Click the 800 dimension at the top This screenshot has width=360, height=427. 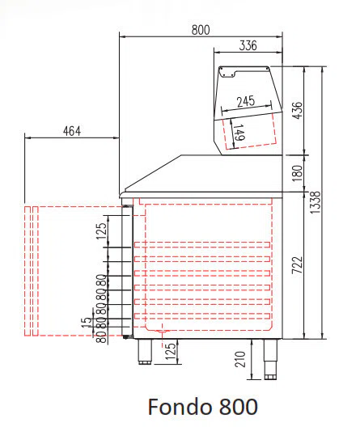pyautogui.click(x=201, y=30)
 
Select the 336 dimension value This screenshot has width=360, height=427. pyautogui.click(x=248, y=45)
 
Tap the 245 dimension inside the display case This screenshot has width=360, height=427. pyautogui.click(x=246, y=102)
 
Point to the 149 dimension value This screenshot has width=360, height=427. pyautogui.click(x=239, y=133)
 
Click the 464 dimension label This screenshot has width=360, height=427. pyautogui.click(x=72, y=131)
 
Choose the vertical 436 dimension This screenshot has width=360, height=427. pyautogui.click(x=297, y=110)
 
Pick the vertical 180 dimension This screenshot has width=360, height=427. pyautogui.click(x=297, y=173)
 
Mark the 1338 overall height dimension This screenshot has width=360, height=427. pyautogui.click(x=316, y=202)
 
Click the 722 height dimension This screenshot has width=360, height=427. pyautogui.click(x=297, y=265)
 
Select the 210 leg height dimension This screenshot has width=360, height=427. pyautogui.click(x=240, y=359)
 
